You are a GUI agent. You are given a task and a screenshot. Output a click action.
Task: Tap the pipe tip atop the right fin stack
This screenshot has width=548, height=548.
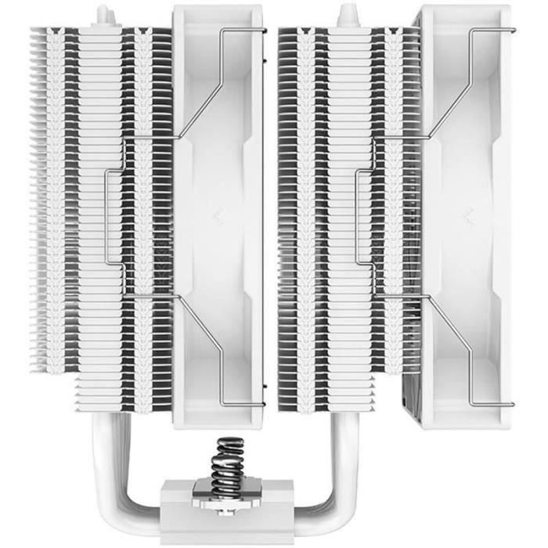[347, 15]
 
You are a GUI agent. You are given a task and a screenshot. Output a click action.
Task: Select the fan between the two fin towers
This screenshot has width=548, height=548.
[219, 117]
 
